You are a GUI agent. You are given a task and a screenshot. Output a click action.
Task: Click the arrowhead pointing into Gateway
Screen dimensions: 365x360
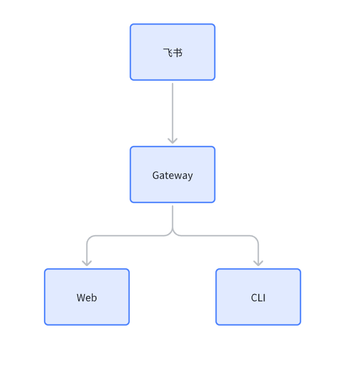click(173, 140)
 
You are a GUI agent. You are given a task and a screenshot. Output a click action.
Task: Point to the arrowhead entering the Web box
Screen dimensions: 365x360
click(87, 263)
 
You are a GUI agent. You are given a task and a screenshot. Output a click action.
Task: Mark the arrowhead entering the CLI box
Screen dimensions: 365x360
click(258, 263)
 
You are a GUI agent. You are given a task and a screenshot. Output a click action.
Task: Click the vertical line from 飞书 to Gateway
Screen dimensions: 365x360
click(173, 112)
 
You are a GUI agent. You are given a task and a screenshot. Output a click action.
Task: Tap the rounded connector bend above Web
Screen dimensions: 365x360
click(89, 238)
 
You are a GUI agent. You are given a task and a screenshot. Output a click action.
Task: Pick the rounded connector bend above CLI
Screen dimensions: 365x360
click(256, 238)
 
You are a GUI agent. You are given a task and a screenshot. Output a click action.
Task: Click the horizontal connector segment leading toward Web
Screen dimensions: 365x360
click(129, 236)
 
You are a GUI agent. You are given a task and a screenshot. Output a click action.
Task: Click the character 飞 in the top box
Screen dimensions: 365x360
click(167, 53)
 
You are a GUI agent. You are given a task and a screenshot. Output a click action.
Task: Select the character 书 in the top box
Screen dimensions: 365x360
click(178, 53)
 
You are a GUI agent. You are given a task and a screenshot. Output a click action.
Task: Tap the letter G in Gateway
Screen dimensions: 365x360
click(155, 176)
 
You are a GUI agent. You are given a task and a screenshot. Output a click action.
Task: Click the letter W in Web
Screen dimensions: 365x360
click(81, 298)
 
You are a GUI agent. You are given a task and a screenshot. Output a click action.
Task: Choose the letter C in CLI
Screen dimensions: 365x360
click(254, 298)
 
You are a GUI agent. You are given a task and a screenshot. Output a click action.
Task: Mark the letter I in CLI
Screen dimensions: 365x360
click(263, 298)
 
